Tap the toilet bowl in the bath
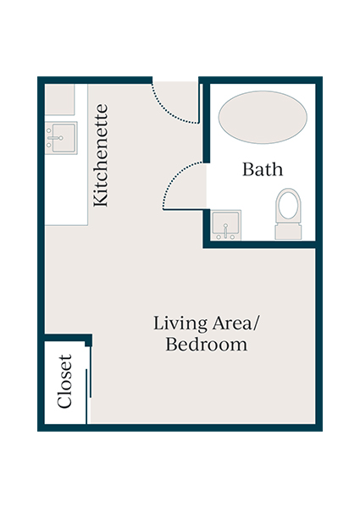tap(288, 206)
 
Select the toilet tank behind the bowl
tap(288, 231)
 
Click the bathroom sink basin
tap(225, 226)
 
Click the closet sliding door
tap(88, 385)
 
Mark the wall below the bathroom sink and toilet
tap(259, 245)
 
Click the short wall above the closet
tap(66, 340)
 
